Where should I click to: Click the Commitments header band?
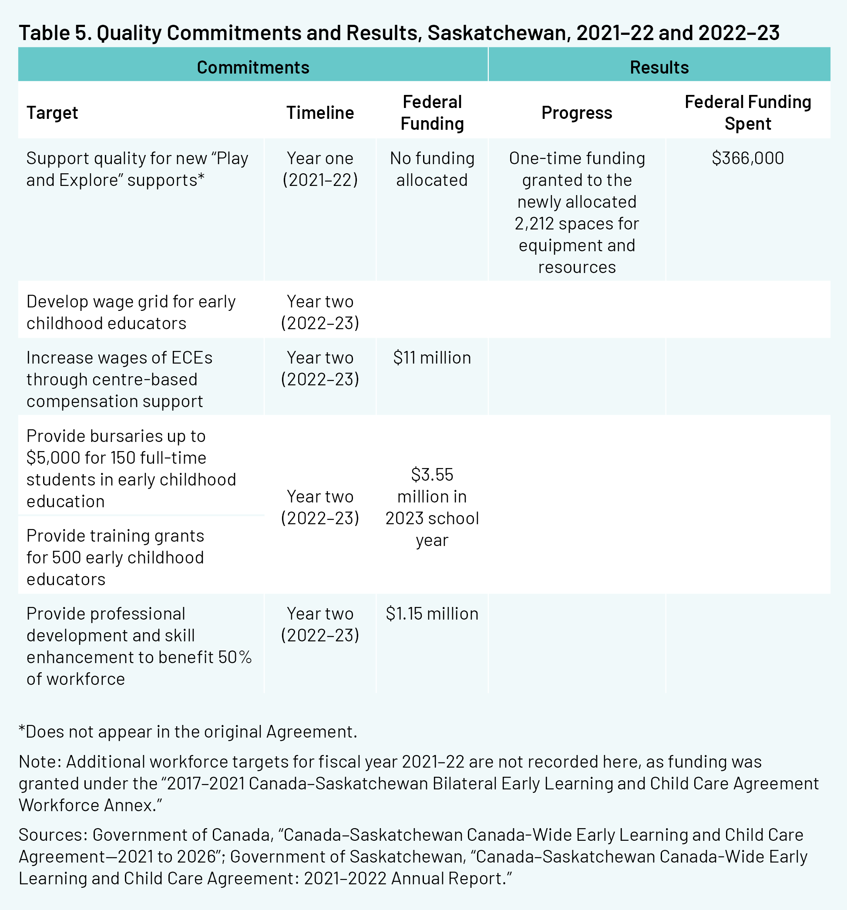tap(253, 67)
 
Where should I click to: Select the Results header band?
tap(659, 67)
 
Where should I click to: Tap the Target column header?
tap(52, 113)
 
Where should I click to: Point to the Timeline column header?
tap(320, 113)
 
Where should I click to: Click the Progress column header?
tap(577, 113)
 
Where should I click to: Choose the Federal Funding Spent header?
tap(748, 113)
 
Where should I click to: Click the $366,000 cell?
tap(748, 158)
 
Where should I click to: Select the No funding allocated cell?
tap(432, 169)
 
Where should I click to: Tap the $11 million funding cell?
tap(432, 357)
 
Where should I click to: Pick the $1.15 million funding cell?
tap(432, 613)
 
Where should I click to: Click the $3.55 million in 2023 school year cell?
tap(432, 507)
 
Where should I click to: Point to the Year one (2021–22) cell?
tap(320, 169)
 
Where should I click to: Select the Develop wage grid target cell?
tap(131, 312)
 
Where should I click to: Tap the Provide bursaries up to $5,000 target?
tap(131, 468)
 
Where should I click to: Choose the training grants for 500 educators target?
tap(115, 557)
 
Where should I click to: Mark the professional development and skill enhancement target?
tap(139, 646)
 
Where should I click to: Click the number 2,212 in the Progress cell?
tap(531, 224)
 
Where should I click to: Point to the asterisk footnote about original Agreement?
tap(188, 731)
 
